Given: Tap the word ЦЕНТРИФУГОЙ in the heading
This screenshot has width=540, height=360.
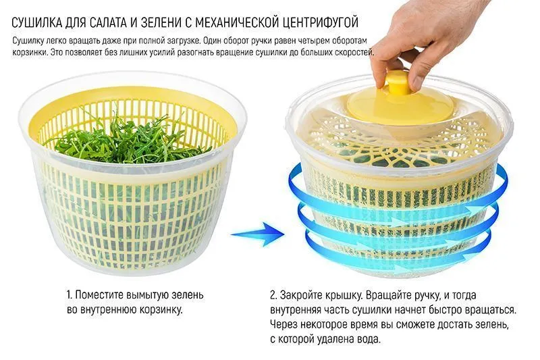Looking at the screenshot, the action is [320, 23].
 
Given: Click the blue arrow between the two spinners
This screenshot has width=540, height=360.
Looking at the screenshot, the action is [258, 234].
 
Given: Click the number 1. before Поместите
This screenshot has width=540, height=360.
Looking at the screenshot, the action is [69, 295].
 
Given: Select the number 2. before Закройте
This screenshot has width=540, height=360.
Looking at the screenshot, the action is [274, 295].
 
